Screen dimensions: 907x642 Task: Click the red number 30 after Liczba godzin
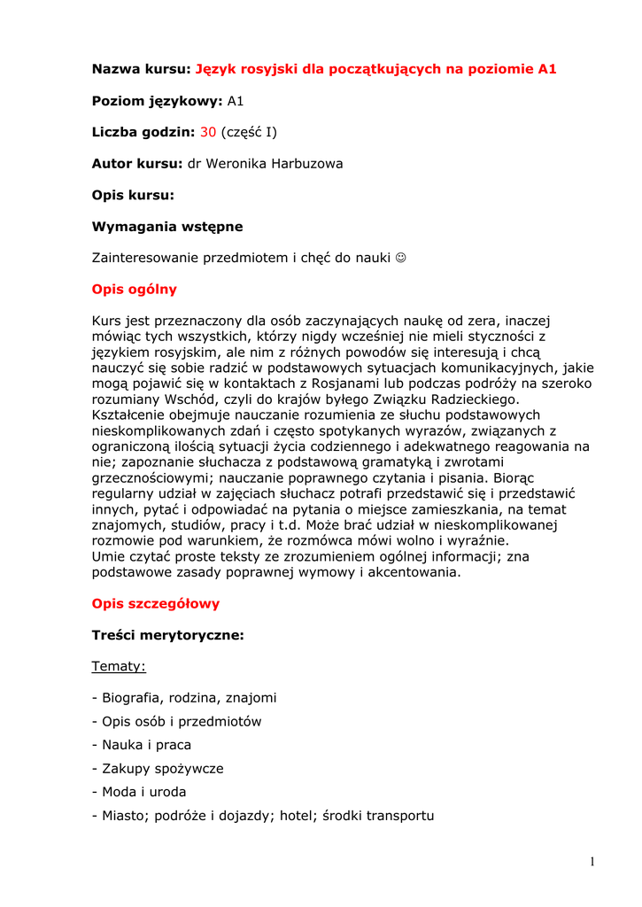click(x=208, y=132)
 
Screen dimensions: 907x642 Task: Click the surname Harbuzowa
click(x=305, y=164)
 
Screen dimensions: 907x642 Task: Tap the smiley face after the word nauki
click(x=402, y=258)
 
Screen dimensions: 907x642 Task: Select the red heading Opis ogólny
click(x=135, y=289)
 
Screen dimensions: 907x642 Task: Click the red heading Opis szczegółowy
click(x=156, y=603)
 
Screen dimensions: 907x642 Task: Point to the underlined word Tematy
click(x=119, y=666)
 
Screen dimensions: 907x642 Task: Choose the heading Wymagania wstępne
click(x=167, y=227)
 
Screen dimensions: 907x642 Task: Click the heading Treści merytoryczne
click(x=168, y=635)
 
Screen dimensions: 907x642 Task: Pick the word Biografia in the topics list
click(x=131, y=698)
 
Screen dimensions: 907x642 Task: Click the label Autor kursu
click(x=137, y=164)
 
